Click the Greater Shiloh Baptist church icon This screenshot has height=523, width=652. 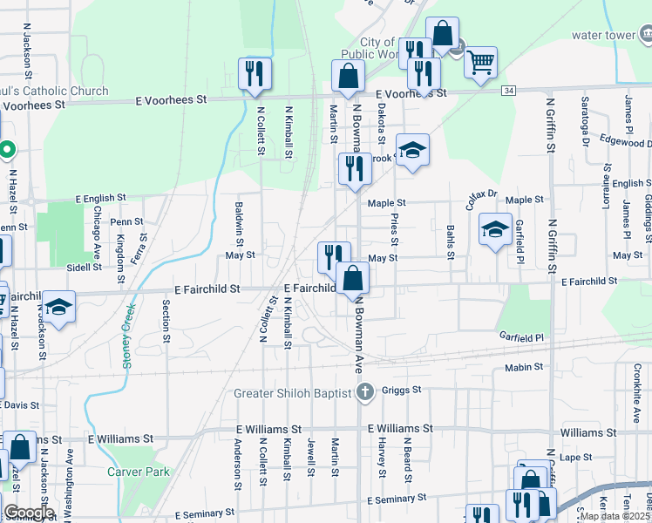[x=366, y=392]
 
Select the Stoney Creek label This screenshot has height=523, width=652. [x=128, y=335]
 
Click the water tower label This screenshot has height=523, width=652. [x=604, y=36]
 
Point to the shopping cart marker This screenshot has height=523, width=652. [x=480, y=61]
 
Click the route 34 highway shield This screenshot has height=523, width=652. [x=508, y=91]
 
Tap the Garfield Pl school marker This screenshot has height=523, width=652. [x=495, y=229]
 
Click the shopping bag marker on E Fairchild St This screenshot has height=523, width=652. [x=353, y=279]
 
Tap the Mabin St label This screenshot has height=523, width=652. [x=524, y=368]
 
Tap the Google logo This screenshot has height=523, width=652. [x=28, y=513]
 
